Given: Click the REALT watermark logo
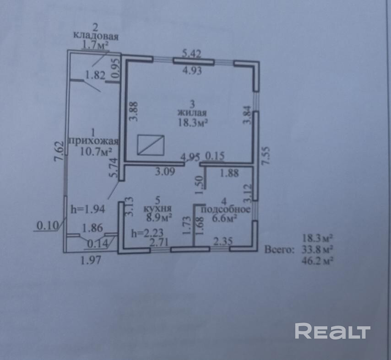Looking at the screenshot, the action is pos(332,331).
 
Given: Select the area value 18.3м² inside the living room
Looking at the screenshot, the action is pos(193,122).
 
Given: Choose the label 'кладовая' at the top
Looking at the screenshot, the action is pos(96,36).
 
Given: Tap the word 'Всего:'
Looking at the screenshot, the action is pos(278,249).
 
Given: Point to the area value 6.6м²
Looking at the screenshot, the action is pos(224,219).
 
